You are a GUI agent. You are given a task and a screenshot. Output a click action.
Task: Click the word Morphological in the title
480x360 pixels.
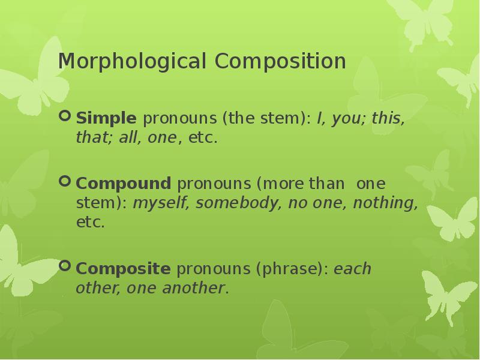(x=133, y=62)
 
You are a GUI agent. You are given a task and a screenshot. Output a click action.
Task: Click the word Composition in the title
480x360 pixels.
(x=280, y=62)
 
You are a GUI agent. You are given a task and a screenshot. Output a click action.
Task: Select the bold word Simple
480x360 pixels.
(x=106, y=118)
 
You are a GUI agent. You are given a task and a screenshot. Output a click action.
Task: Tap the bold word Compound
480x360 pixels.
(x=124, y=183)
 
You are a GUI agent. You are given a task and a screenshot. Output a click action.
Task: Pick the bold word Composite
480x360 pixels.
(x=123, y=268)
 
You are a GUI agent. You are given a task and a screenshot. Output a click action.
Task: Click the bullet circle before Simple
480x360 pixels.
(x=65, y=115)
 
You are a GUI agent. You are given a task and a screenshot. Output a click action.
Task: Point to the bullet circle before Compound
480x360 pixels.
(x=65, y=180)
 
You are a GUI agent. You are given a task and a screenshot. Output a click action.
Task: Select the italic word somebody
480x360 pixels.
(x=239, y=203)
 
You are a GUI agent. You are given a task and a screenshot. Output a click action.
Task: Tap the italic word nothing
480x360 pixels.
(x=385, y=203)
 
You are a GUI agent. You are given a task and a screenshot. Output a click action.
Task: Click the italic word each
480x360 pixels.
(x=353, y=269)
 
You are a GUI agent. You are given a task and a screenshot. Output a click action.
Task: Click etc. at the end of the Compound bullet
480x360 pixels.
(x=90, y=223)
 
